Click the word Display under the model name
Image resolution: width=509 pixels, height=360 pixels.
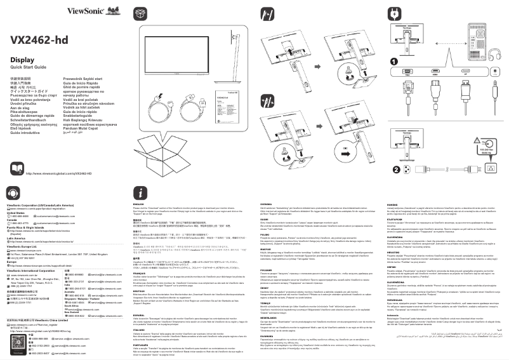[x=22, y=59]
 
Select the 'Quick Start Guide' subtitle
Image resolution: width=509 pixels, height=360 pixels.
[x=28, y=67]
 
